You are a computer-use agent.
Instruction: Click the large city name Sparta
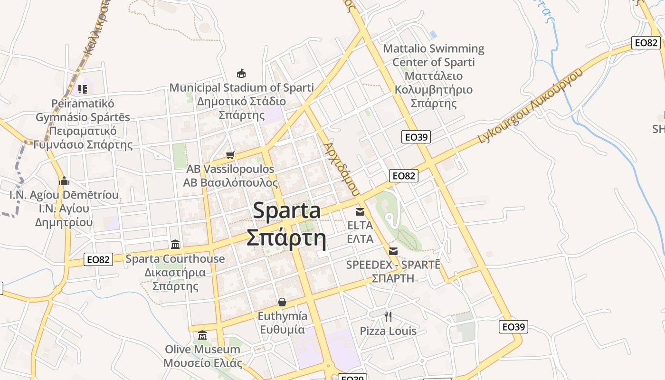coord(286,211)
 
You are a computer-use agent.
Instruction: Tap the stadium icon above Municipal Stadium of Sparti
coord(241,73)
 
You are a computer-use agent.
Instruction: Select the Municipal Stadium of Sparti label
coord(242,88)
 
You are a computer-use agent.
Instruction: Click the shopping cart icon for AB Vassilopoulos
coord(230,155)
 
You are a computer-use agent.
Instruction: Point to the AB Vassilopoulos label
coord(230,169)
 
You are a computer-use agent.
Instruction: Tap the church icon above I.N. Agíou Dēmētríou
coord(64,181)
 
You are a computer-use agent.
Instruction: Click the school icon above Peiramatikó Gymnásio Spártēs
coord(83,89)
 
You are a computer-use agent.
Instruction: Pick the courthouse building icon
coord(175,244)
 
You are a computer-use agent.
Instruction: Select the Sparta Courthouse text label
coord(175,259)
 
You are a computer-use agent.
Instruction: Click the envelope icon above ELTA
coord(360,211)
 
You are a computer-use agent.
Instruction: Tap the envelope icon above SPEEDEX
coord(393,251)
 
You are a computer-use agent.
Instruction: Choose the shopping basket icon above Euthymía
coord(282,302)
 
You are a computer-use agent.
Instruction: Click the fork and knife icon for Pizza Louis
coord(388,316)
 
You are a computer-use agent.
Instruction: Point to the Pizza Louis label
coord(388,331)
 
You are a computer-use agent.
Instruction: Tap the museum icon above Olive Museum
coord(202,335)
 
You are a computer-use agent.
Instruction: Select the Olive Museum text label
coord(202,350)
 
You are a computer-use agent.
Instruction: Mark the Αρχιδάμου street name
coord(341,169)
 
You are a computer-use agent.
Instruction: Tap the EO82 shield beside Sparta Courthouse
coord(99,259)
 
